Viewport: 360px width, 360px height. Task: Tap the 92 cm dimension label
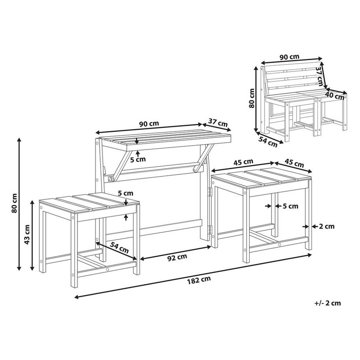point(177,257)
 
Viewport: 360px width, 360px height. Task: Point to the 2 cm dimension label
point(327,226)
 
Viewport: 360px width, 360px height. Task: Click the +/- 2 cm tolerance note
point(327,302)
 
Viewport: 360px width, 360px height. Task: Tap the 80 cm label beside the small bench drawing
point(252,98)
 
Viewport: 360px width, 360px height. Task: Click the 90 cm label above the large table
point(149,124)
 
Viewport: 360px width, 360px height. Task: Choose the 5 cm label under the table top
point(137,159)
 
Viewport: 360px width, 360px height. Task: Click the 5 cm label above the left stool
point(125,193)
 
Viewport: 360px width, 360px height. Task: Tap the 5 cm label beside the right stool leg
point(290,206)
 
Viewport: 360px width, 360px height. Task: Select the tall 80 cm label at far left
point(14,204)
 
